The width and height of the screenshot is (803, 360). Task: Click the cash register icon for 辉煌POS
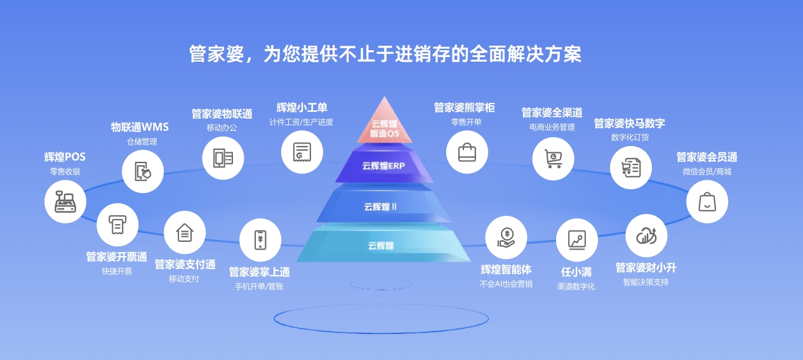click(65, 202)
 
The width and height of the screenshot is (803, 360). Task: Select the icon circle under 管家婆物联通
click(223, 158)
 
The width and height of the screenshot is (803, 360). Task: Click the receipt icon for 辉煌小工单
click(302, 152)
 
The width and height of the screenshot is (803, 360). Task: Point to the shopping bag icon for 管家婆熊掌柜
click(467, 152)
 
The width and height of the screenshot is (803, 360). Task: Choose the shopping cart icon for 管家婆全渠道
click(553, 158)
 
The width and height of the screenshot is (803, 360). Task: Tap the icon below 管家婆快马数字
click(631, 168)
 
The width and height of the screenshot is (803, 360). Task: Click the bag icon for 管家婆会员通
click(707, 202)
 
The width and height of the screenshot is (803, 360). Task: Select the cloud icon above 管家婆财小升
click(646, 236)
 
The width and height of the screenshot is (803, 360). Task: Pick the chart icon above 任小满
click(577, 239)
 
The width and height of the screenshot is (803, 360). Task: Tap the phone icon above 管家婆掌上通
click(260, 239)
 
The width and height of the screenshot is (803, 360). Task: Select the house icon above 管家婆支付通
click(185, 232)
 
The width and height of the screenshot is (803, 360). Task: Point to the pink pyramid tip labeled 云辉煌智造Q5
click(384, 124)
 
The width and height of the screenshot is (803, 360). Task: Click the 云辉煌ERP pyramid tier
click(383, 166)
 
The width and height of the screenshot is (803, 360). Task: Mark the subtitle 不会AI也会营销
click(506, 284)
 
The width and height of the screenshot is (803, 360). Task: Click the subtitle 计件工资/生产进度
click(302, 122)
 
